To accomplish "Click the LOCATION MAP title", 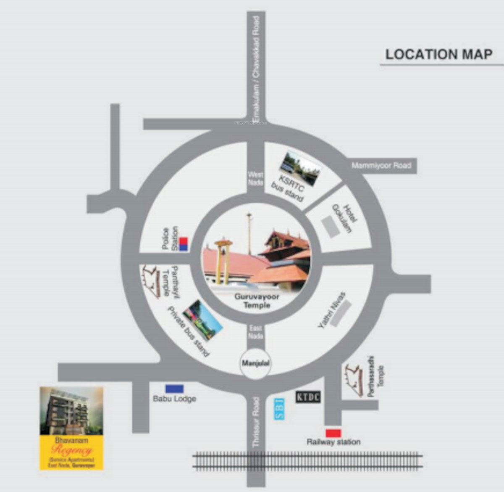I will pyautogui.click(x=439, y=55).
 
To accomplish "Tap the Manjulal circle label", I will pyautogui.click(x=255, y=363).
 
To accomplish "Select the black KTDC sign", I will pyautogui.click(x=308, y=397).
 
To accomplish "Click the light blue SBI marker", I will pyautogui.click(x=279, y=409).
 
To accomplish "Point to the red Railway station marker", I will pyautogui.click(x=333, y=433).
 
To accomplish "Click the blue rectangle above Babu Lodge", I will pyautogui.click(x=174, y=389).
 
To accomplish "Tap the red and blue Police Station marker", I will pyautogui.click(x=184, y=244).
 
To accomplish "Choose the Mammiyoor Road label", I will pyautogui.click(x=381, y=166).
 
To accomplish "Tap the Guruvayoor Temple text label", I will pyautogui.click(x=257, y=301).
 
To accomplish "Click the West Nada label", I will pyautogui.click(x=255, y=178).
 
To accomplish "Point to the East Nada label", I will pyautogui.click(x=255, y=332).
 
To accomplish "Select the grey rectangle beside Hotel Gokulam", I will pyautogui.click(x=331, y=227).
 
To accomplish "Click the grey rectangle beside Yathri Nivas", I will pyautogui.click(x=341, y=314).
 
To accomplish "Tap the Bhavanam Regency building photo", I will pyautogui.click(x=71, y=411).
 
